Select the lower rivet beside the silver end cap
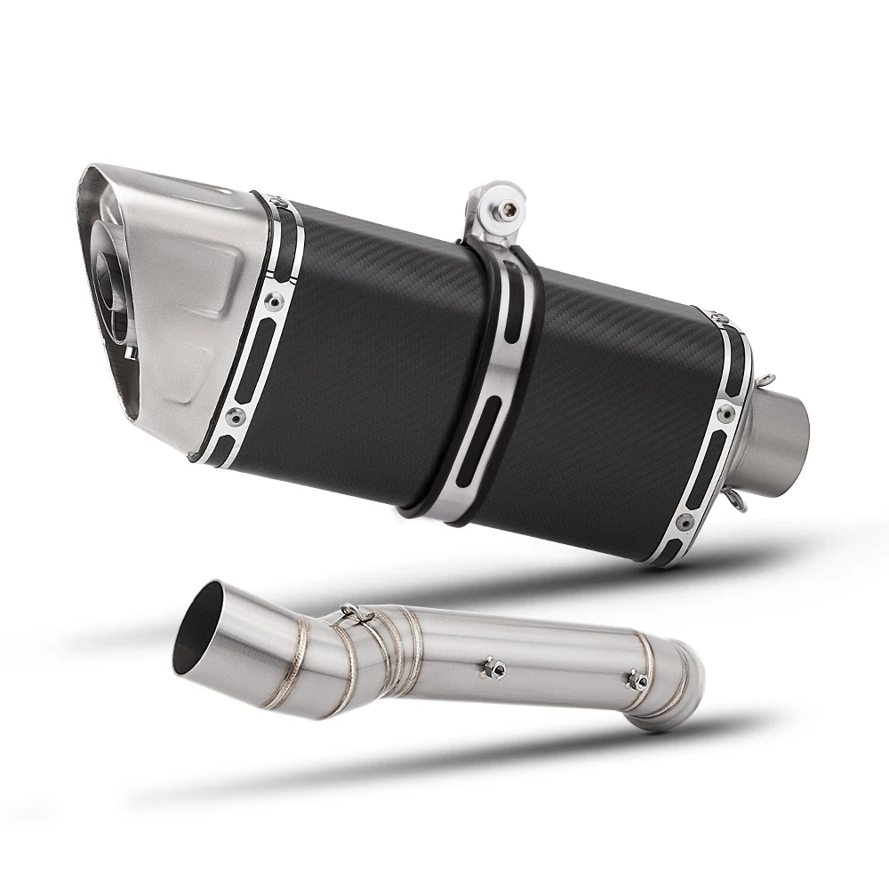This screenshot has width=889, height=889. click(x=233, y=415)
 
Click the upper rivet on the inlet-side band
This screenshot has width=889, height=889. click(x=726, y=413)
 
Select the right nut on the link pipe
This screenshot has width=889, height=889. click(x=637, y=681)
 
